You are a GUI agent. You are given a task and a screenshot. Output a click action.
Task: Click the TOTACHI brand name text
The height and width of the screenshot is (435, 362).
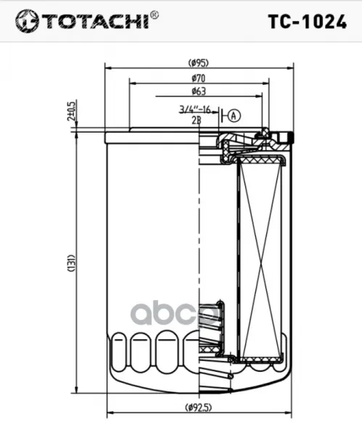coord(95,21)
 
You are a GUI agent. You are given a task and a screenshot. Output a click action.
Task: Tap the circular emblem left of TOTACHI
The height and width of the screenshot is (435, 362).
coord(27,21)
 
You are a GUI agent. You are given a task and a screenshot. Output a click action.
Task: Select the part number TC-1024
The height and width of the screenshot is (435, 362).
coord(308,22)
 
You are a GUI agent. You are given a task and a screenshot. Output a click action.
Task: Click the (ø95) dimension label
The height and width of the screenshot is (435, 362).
coord(198,63)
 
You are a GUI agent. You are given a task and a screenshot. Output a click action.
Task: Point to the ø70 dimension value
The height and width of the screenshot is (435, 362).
coord(199,78)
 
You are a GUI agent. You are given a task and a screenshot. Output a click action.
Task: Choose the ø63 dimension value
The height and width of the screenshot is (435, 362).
coord(199,91)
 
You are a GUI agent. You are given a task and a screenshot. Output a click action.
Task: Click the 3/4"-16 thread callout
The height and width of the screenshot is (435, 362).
coord(194,109)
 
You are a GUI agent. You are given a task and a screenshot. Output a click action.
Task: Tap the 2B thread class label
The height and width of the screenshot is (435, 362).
coord(197,120)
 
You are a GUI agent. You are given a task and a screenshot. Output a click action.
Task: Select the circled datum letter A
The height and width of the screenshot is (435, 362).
coord(234,115)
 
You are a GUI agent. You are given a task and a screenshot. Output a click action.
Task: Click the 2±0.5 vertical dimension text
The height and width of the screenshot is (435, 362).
coord(71,111)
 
